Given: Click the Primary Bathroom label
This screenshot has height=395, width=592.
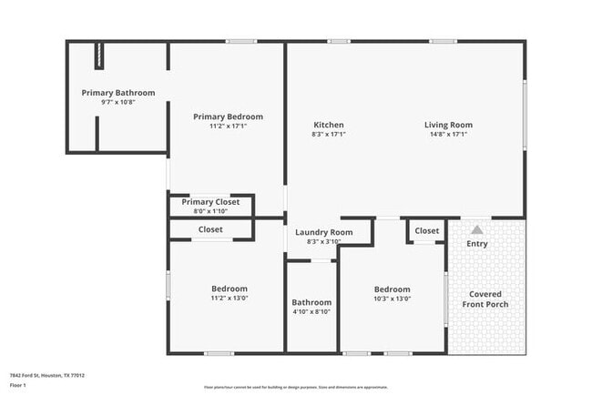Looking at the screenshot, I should [118, 93].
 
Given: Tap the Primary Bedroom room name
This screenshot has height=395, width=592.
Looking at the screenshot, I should [228, 116].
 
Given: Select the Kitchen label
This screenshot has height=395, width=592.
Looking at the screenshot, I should [328, 125].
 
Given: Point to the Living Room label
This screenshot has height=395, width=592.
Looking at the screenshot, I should [448, 125].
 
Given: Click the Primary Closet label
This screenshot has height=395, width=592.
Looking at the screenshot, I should [210, 202].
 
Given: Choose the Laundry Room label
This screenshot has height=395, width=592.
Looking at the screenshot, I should [324, 232].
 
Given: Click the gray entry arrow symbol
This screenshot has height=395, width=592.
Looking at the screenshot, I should [476, 230].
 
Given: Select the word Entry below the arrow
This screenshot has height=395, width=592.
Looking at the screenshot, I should [476, 244].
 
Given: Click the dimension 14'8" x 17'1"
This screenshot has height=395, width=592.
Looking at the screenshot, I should [448, 134].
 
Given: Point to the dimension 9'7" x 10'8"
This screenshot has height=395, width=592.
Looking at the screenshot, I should [118, 102].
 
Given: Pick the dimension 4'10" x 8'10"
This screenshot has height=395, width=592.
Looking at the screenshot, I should [311, 311].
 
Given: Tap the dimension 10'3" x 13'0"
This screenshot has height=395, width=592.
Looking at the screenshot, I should [392, 298].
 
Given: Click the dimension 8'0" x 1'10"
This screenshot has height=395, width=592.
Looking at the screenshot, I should [210, 211].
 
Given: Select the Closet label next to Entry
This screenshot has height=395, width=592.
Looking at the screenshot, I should [427, 231].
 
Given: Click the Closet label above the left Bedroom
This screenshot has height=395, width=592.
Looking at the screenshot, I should [210, 229].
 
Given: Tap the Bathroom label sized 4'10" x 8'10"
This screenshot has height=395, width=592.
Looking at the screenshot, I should [311, 302].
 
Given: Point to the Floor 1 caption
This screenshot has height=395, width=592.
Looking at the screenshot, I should [16, 385].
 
